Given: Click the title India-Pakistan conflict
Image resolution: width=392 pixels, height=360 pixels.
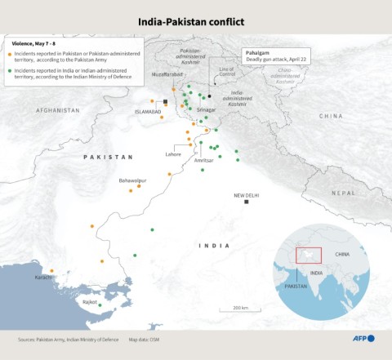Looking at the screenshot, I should [x=196, y=20].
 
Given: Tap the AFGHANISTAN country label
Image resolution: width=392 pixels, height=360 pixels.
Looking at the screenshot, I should [x=58, y=110].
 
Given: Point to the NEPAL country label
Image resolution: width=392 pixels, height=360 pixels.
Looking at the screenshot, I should [x=343, y=193].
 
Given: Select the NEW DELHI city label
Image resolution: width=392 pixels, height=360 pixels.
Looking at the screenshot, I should [x=246, y=195].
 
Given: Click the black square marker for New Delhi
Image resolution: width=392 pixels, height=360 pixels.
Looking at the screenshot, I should [x=246, y=202].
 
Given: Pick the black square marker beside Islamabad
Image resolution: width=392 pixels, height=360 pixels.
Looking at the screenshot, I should [x=166, y=102].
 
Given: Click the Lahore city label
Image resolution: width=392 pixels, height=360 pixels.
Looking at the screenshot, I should [x=173, y=154].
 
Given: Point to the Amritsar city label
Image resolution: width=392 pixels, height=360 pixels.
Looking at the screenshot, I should [x=203, y=161].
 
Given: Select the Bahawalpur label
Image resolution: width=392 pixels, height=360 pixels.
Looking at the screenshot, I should [x=132, y=180].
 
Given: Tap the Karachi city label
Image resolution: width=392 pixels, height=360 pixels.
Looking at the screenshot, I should [x=43, y=278].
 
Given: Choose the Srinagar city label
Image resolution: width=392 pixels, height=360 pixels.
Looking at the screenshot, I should [x=206, y=109].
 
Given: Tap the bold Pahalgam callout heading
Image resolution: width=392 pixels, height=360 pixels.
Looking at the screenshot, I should [x=259, y=52].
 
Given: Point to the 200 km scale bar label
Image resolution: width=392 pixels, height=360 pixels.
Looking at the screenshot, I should [x=239, y=307].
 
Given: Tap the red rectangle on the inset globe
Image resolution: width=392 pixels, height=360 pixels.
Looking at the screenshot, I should [x=309, y=256].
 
